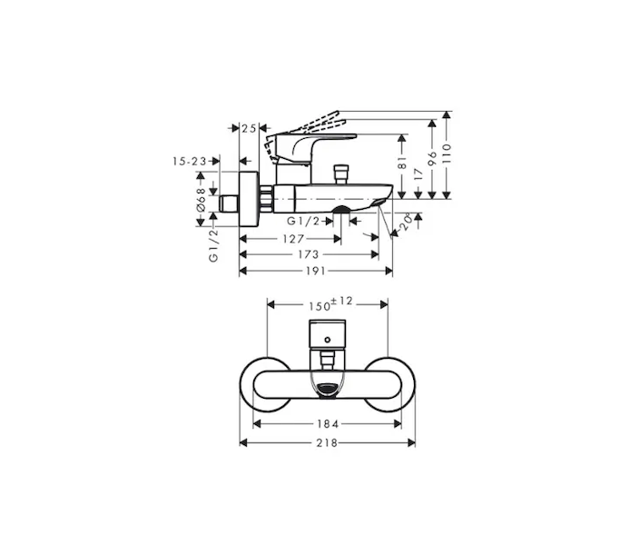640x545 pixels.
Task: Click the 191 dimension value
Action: pyautogui.click(x=316, y=271)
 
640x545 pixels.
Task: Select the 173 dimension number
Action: pyautogui.click(x=308, y=254)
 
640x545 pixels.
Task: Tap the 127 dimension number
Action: pyautogui.click(x=293, y=239)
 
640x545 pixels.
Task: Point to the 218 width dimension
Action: pyautogui.click(x=327, y=442)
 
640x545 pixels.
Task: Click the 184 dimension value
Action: pyautogui.click(x=328, y=424)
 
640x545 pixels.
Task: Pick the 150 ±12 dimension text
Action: pyautogui.click(x=330, y=304)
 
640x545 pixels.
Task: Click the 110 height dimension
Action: pyautogui.click(x=447, y=154)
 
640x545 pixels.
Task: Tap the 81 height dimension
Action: pyautogui.click(x=402, y=163)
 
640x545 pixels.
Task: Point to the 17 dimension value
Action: pyautogui.click(x=418, y=174)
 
